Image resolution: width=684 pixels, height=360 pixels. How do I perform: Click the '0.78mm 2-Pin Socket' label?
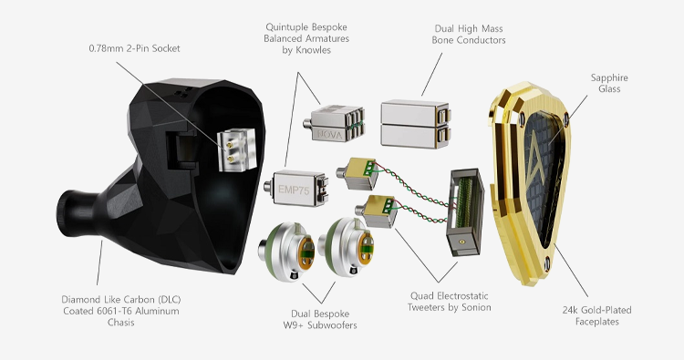(134, 48)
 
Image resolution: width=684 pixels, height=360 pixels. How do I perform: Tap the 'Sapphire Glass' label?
(609, 83)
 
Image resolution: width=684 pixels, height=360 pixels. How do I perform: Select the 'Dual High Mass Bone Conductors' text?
(469, 35)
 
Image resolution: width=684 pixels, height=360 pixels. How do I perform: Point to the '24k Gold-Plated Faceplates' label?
(596, 315)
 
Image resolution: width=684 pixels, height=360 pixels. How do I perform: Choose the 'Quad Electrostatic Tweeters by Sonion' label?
(450, 302)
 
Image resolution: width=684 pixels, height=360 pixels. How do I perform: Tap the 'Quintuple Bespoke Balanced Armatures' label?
(306, 38)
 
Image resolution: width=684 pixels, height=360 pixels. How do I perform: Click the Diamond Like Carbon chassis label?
(120, 311)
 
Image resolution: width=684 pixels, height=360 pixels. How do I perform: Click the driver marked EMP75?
(295, 189)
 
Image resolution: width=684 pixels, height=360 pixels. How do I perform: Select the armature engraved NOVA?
(334, 124)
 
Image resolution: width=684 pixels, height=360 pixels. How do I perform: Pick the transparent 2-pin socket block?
(237, 149)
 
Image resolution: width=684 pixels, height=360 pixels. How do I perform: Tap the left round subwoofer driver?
(286, 250)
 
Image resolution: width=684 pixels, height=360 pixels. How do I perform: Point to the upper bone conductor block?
(415, 113)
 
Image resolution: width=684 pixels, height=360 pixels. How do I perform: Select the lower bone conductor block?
(415, 135)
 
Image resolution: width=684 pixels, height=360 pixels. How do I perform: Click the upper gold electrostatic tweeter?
(357, 173)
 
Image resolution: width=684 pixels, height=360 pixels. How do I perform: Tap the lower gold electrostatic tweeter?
(376, 211)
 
